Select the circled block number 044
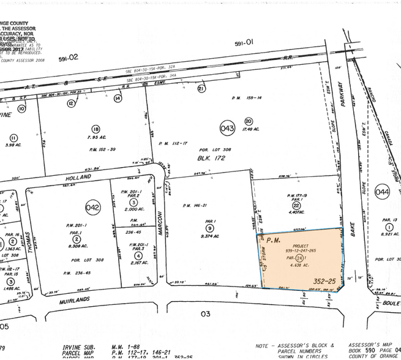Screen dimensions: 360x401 383,192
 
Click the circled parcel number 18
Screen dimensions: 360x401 96,129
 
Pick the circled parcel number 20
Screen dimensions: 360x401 249,121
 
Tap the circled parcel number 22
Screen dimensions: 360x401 296,205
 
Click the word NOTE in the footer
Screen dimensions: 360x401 263,345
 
